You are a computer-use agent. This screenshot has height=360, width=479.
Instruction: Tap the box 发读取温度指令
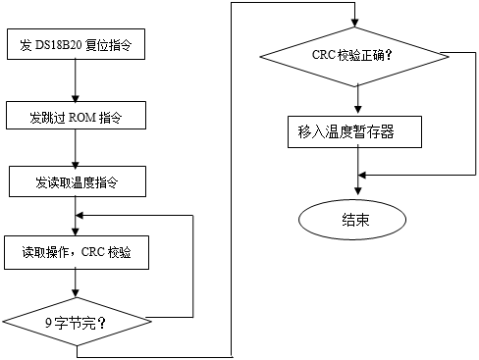76,181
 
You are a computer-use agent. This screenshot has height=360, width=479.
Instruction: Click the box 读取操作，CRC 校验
76,251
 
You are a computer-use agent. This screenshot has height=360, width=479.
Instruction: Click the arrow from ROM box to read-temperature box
76,149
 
